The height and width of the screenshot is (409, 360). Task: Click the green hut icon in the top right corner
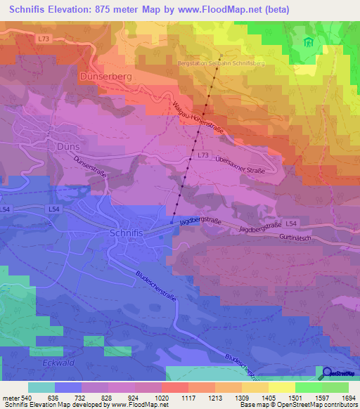307,43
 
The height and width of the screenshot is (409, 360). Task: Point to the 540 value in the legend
25,397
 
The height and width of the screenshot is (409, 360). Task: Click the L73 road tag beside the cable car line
202,154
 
